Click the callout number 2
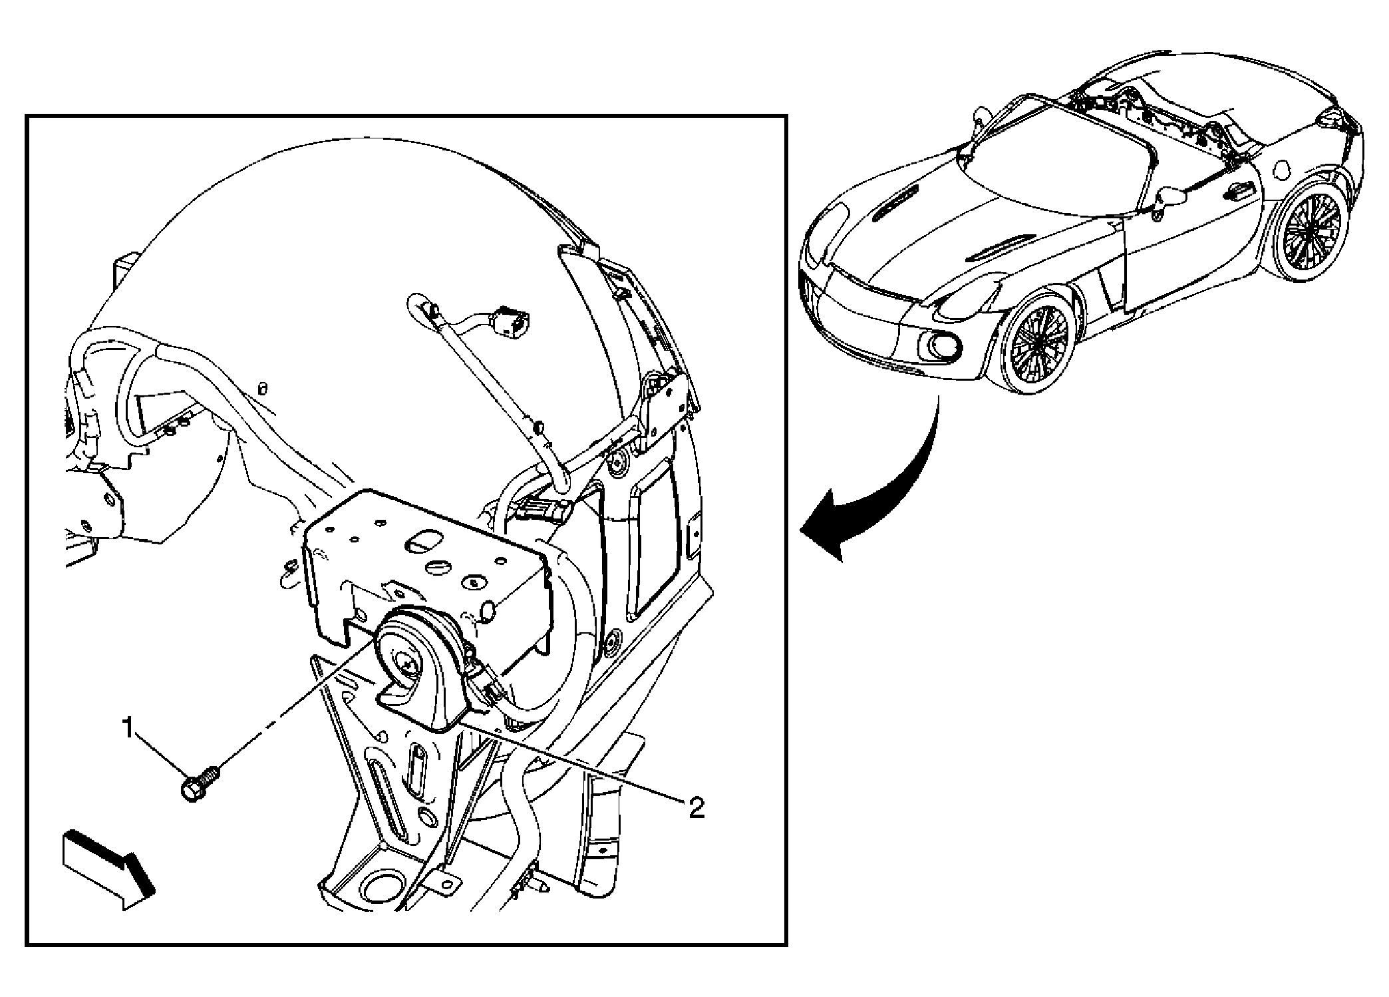pos(696,808)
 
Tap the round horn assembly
pos(422,672)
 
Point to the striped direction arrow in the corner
pos(109,869)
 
